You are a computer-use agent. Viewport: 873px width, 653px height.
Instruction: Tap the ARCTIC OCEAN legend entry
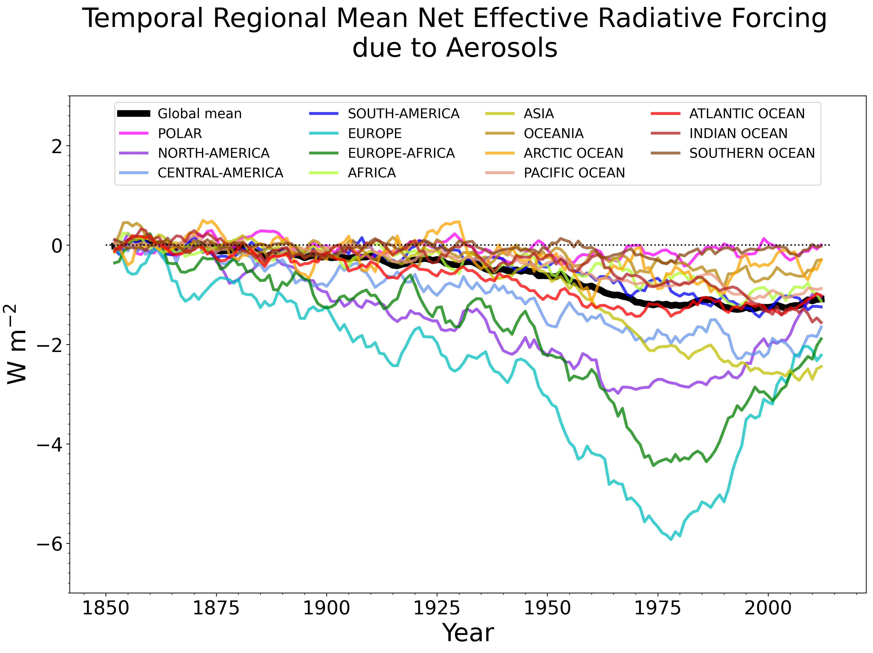click(573, 153)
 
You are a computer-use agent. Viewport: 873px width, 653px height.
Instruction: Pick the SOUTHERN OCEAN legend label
click(752, 153)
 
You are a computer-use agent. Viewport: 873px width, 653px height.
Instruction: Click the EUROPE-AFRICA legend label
click(401, 153)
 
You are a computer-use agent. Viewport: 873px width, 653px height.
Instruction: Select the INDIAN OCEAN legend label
click(738, 133)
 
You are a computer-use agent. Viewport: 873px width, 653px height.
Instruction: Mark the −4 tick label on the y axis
click(49, 445)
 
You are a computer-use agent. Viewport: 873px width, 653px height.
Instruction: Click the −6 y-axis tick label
click(49, 544)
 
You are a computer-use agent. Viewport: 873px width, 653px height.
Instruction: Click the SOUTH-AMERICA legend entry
click(403, 114)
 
